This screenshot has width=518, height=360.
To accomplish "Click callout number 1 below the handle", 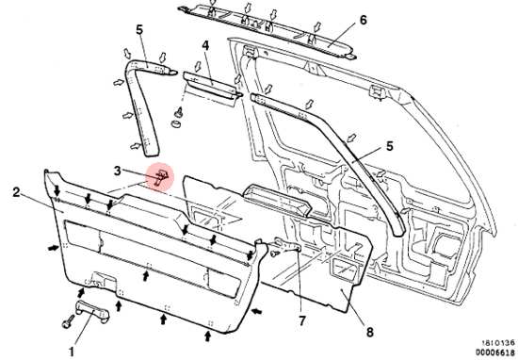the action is [x=72, y=351].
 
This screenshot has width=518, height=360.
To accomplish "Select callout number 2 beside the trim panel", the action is [x=17, y=191].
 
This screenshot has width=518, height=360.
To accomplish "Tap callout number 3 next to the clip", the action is [x=118, y=171].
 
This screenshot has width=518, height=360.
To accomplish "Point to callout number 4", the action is [x=205, y=45].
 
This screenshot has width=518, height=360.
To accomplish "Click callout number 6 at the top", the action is [x=363, y=20].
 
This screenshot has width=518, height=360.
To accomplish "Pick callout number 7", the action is [x=302, y=320].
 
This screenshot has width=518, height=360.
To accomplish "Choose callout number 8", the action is [x=370, y=332].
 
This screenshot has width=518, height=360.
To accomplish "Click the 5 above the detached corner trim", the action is [x=139, y=30].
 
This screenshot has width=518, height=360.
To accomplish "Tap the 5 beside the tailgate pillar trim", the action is [x=390, y=146].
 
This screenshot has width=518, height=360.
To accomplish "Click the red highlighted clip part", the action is [x=160, y=177].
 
